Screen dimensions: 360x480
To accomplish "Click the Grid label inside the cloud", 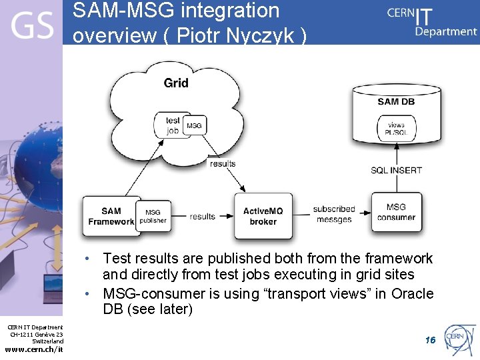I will pos(176,83).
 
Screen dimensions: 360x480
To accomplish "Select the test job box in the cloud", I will pos(173,125).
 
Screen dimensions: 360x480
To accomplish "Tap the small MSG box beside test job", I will pos(193,125).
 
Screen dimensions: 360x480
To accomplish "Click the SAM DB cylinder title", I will pos(397,101).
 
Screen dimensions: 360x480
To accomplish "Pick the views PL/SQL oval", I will pos(395,129).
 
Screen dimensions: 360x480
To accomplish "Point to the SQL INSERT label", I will pos(396,170).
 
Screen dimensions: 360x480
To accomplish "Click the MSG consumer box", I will pos(396,212).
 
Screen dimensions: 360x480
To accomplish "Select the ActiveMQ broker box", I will pos(263,216).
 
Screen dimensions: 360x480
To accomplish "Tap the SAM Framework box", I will pos(111,216).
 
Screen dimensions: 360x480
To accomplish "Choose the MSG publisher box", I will pos(153,216).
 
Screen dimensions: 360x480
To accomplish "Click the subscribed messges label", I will pos(334,214).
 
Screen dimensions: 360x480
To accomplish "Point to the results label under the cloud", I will pos(222,163).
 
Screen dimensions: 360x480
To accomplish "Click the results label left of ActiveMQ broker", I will pos(203,216).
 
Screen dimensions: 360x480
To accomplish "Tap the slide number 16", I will pos(430,340).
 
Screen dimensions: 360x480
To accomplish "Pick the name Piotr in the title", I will pos(201,35).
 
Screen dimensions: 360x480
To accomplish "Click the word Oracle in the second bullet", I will pos(413,293).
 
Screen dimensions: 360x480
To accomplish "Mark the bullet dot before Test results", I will pos(87,259).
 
